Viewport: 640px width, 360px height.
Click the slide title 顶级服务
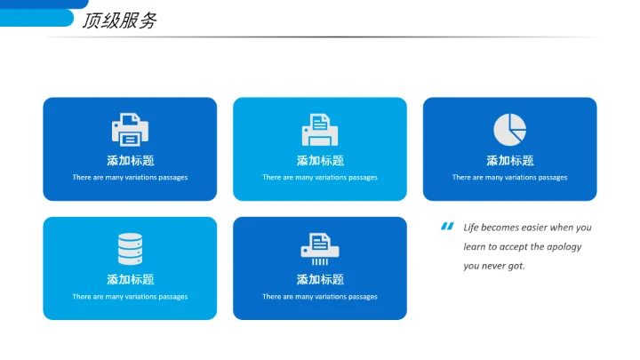119,21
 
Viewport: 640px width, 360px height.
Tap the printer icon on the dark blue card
130,130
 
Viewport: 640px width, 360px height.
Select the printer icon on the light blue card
319,130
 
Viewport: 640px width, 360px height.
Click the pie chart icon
509,130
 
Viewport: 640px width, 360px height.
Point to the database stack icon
130,249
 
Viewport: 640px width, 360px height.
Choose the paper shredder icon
319,249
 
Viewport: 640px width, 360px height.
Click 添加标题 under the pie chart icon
509,161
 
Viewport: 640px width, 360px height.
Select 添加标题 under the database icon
130,279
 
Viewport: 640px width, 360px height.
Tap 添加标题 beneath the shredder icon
319,279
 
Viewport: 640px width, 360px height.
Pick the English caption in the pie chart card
509,178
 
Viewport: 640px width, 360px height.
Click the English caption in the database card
130,297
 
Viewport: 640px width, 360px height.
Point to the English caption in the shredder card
319,297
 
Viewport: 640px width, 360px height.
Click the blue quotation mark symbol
447,226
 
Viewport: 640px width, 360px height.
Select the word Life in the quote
471,228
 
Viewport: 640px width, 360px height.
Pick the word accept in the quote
516,247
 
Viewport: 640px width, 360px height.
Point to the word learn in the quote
474,247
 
